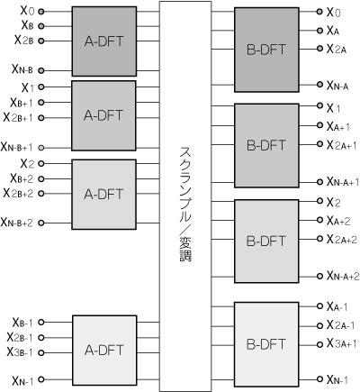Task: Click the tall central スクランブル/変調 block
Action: click(185, 196)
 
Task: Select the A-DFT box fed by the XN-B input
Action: click(104, 41)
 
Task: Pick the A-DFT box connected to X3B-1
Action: click(104, 351)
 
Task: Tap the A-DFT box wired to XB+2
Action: click(103, 195)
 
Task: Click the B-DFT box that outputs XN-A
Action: click(266, 50)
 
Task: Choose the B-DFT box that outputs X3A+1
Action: click(266, 344)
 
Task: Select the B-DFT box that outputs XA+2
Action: click(266, 242)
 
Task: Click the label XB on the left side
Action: click(27, 25)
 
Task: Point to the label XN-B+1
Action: click(17, 147)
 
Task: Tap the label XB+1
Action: click(22, 103)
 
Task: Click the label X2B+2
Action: click(18, 193)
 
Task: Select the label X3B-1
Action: click(20, 352)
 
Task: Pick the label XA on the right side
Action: click(333, 31)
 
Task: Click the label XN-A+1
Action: click(343, 181)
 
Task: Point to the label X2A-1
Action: click(340, 325)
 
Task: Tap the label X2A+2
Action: click(342, 240)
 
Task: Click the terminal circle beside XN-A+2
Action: click(319, 276)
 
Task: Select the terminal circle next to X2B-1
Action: click(41, 337)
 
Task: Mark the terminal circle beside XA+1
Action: click(319, 125)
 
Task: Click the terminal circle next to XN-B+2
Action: click(41, 223)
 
